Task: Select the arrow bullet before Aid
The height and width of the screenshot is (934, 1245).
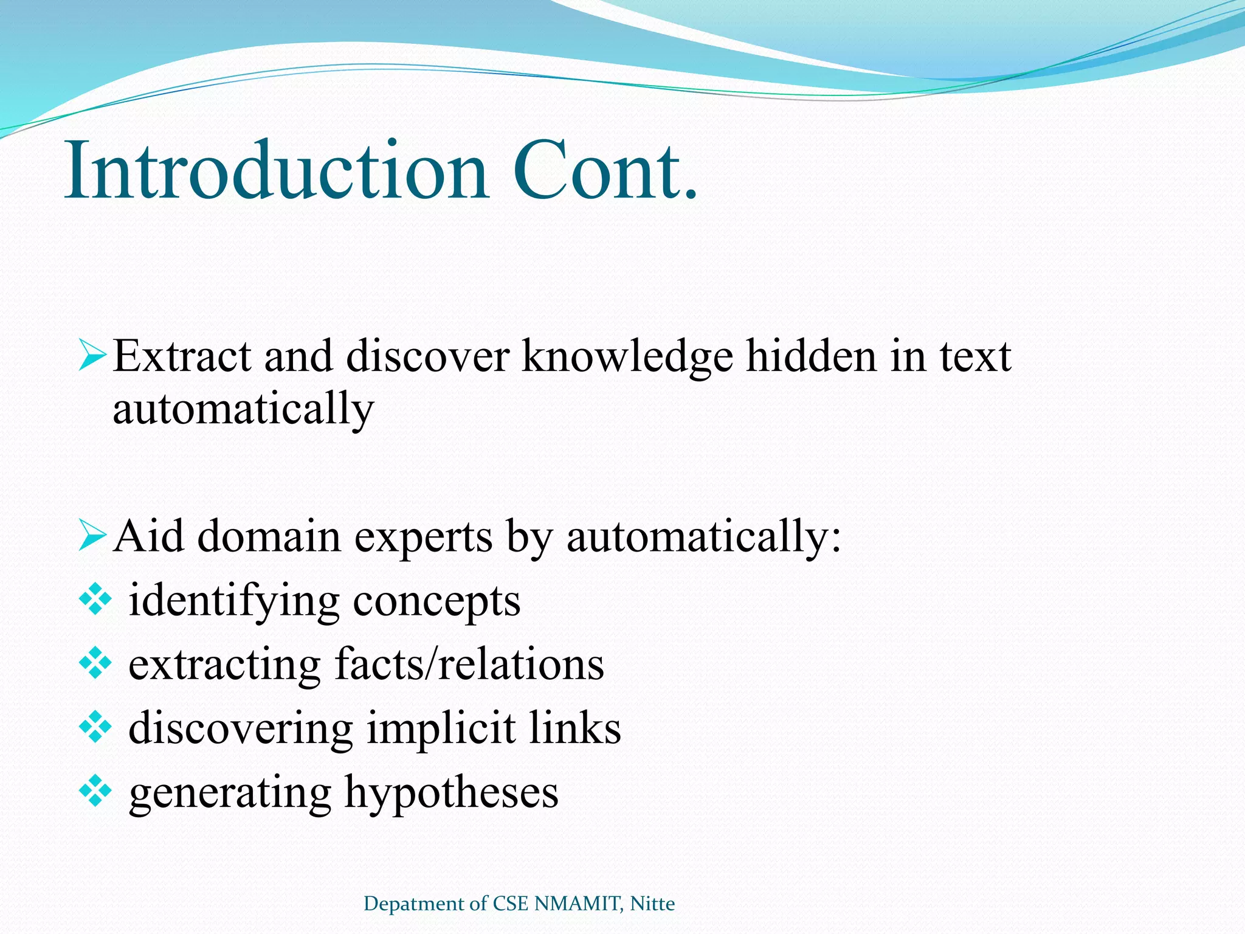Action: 93,536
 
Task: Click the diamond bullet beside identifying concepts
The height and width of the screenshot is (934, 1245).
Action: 95,601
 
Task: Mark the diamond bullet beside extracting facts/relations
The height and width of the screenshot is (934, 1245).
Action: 95,664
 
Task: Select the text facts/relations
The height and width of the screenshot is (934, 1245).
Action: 469,664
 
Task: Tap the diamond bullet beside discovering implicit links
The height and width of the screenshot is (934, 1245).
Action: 95,728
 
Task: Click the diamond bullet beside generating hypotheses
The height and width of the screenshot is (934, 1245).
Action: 95,792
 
